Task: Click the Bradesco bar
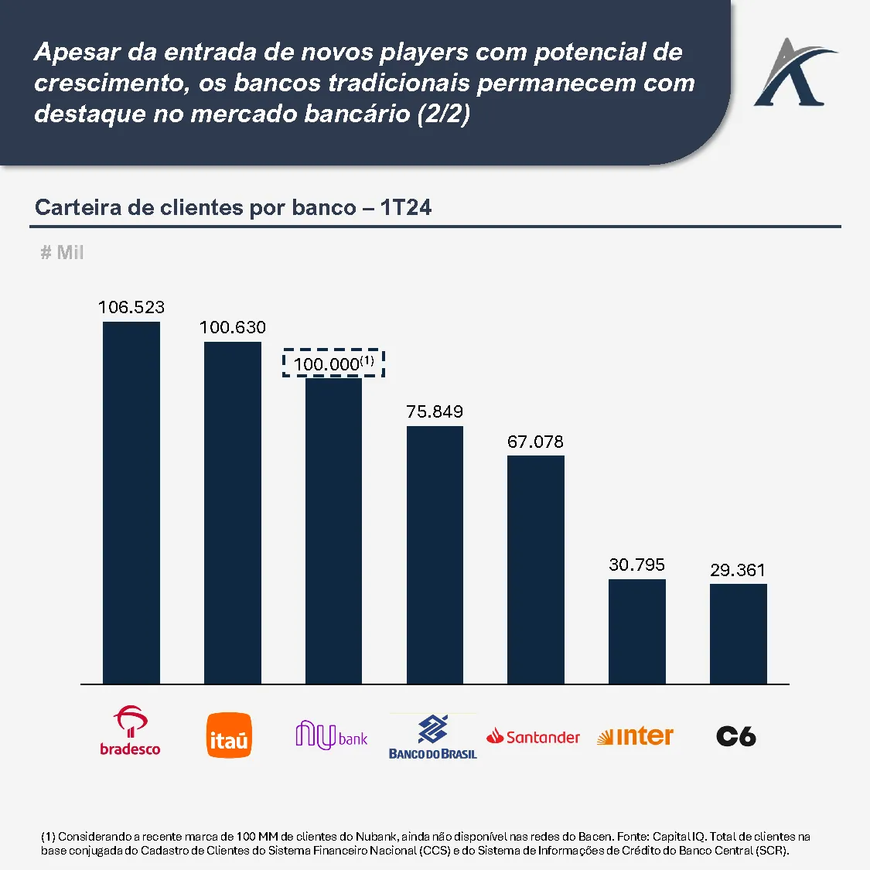coord(131,503)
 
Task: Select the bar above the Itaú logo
coord(233,513)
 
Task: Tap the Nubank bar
coord(333,531)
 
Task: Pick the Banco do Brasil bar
coord(435,554)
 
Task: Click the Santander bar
coord(536,569)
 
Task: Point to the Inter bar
coord(637,631)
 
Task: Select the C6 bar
coord(739,633)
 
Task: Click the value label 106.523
coord(131,307)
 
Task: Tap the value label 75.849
coord(435,411)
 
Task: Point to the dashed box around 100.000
coord(333,363)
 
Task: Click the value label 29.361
coord(738,570)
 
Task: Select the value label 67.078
coord(535,442)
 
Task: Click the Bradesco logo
coord(130,731)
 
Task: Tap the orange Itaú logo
coord(229,735)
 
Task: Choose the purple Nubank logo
coord(331,735)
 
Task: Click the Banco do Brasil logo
coord(433,736)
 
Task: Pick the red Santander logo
coord(533,737)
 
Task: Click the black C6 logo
coord(735,736)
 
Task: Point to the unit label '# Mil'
coord(62,253)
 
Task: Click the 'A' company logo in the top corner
coord(793,73)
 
